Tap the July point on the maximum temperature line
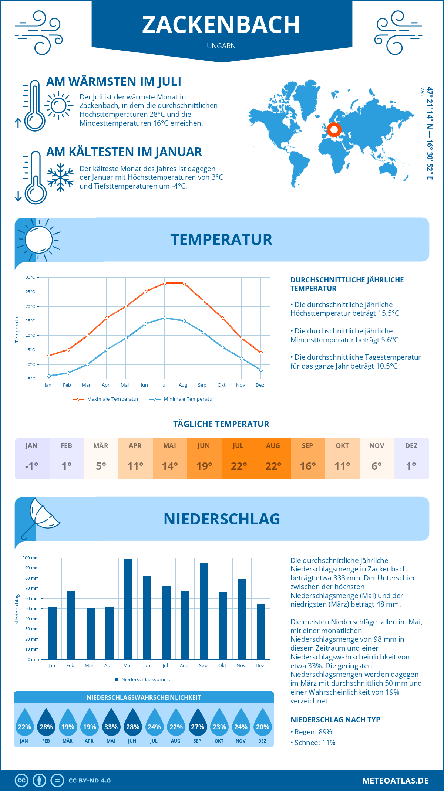pos(165,283)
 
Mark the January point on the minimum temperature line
pos(49,376)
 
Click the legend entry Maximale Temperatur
pos(106,399)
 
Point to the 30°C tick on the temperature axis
pos(30,277)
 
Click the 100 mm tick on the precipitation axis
pos(31,558)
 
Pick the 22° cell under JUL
pos(239,466)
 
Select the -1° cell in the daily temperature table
pos(32,466)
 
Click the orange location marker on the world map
pos(334,130)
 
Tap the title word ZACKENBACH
pos(221,25)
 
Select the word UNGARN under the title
pos(221,46)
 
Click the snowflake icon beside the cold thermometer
pos(60,177)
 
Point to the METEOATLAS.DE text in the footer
pos(395,781)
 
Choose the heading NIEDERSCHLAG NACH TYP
pos(335,720)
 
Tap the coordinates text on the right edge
pos(429,133)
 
